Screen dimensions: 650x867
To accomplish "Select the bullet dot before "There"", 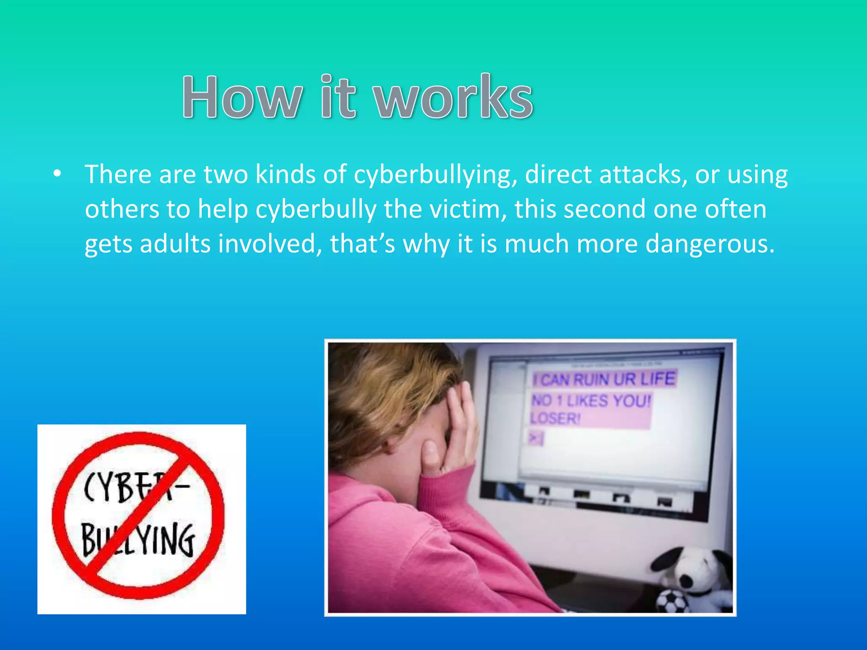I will tap(58, 174).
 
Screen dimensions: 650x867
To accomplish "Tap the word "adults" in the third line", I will tap(175, 244).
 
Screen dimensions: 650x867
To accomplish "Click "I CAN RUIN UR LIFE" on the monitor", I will tap(604, 379).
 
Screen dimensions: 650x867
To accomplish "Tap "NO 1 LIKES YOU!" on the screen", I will tap(591, 400).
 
